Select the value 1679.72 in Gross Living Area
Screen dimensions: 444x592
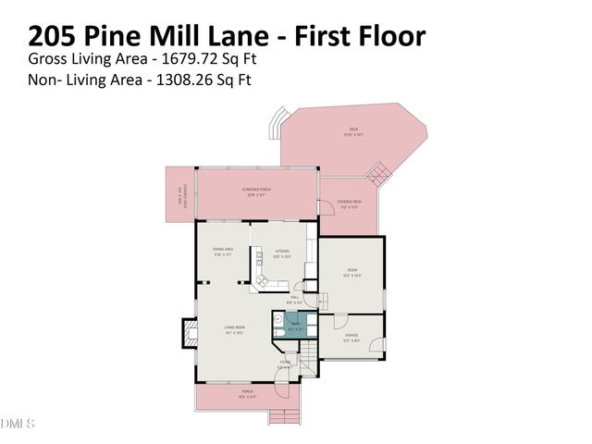coord(184,59)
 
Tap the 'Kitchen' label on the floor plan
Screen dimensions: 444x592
coord(282,253)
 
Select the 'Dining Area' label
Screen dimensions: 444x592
coord(223,251)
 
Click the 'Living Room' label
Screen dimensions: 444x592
coord(234,327)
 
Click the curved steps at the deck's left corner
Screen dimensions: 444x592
coord(276,123)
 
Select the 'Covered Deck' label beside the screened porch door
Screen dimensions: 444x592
coord(350,203)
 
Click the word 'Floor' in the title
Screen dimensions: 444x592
coord(386,36)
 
